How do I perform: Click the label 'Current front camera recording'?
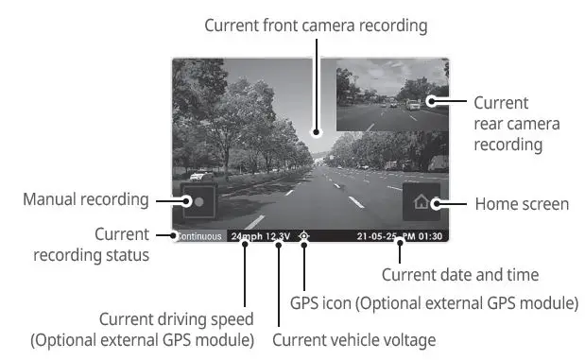click(315, 26)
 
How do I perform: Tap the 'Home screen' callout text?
click(521, 204)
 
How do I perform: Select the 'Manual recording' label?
click(86, 199)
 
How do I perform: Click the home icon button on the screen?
click(422, 202)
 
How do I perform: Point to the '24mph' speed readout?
click(246, 236)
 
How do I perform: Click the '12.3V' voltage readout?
click(278, 236)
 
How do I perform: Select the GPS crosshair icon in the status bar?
click(303, 236)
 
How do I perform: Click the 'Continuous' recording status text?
click(199, 236)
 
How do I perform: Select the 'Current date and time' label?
click(459, 275)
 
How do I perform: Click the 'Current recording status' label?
click(92, 244)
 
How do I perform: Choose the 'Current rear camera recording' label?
click(516, 124)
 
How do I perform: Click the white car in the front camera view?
click(198, 176)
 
